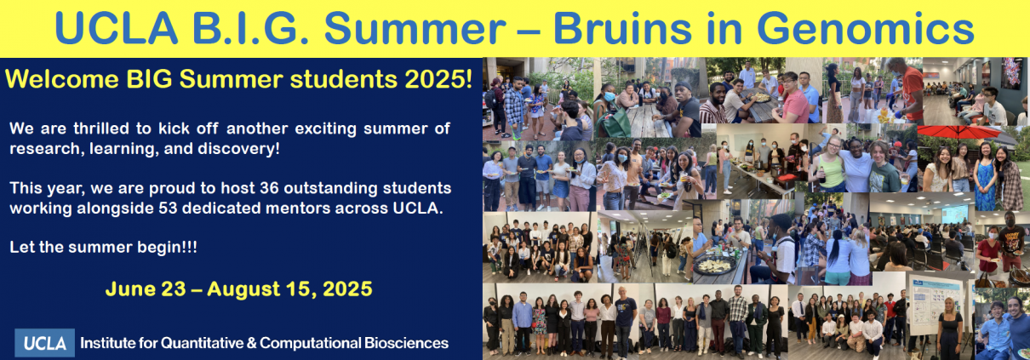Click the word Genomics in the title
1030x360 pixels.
(866, 29)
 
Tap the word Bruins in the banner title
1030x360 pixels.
(622, 28)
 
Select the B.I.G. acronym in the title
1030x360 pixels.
(250, 28)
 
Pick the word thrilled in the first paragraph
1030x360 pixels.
(100, 129)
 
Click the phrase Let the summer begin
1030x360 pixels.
(103, 247)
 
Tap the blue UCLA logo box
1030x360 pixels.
(44, 343)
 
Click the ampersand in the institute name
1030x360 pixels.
(251, 343)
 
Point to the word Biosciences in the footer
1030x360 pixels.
(406, 343)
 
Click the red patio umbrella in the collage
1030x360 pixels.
(958, 132)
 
